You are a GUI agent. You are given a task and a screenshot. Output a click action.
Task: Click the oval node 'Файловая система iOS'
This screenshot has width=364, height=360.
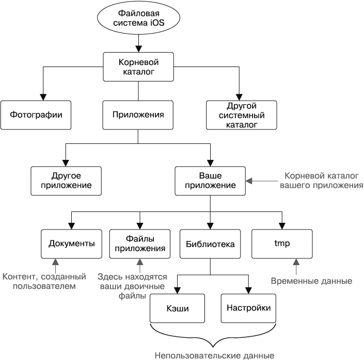pos(138,18)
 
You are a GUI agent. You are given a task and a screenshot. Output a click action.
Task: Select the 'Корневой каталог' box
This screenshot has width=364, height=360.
pos(138,67)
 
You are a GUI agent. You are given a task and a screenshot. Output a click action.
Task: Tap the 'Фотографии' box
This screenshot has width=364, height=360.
pos(35,114)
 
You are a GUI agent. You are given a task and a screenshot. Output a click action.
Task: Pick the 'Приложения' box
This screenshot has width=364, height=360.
pos(138,114)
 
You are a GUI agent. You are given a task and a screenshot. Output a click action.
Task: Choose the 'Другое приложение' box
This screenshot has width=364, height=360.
pos(65,180)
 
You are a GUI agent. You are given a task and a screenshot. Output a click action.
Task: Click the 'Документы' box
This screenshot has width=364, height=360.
pos(71,243)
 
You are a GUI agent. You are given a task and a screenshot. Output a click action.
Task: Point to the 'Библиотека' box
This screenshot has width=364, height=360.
pos(210,243)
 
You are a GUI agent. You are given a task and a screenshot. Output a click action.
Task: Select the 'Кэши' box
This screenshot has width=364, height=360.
pos(177,308)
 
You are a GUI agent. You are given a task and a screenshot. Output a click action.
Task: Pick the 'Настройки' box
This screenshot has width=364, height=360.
pos(248,308)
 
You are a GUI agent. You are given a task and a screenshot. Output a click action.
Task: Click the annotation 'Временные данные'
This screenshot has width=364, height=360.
pos(311,281)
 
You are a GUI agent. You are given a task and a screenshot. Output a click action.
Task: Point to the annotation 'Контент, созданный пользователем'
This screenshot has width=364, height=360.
pos(43,281)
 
